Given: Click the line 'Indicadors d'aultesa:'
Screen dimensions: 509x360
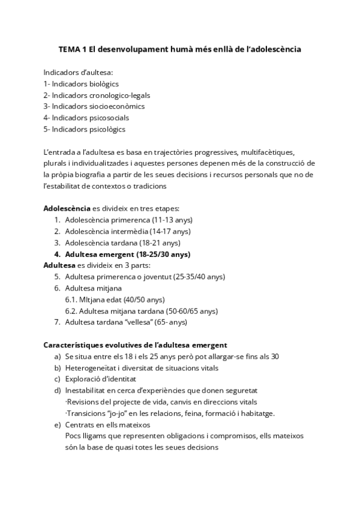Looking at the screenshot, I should pyautogui.click(x=78, y=72).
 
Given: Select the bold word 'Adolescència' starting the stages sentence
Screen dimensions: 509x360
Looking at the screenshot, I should pyautogui.click(x=67, y=208).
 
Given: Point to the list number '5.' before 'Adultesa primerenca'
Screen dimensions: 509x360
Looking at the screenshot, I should pyautogui.click(x=57, y=277).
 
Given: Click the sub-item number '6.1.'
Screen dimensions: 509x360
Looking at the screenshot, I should pyautogui.click(x=71, y=300).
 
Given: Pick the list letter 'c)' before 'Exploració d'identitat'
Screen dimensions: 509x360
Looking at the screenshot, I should pyautogui.click(x=57, y=379).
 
